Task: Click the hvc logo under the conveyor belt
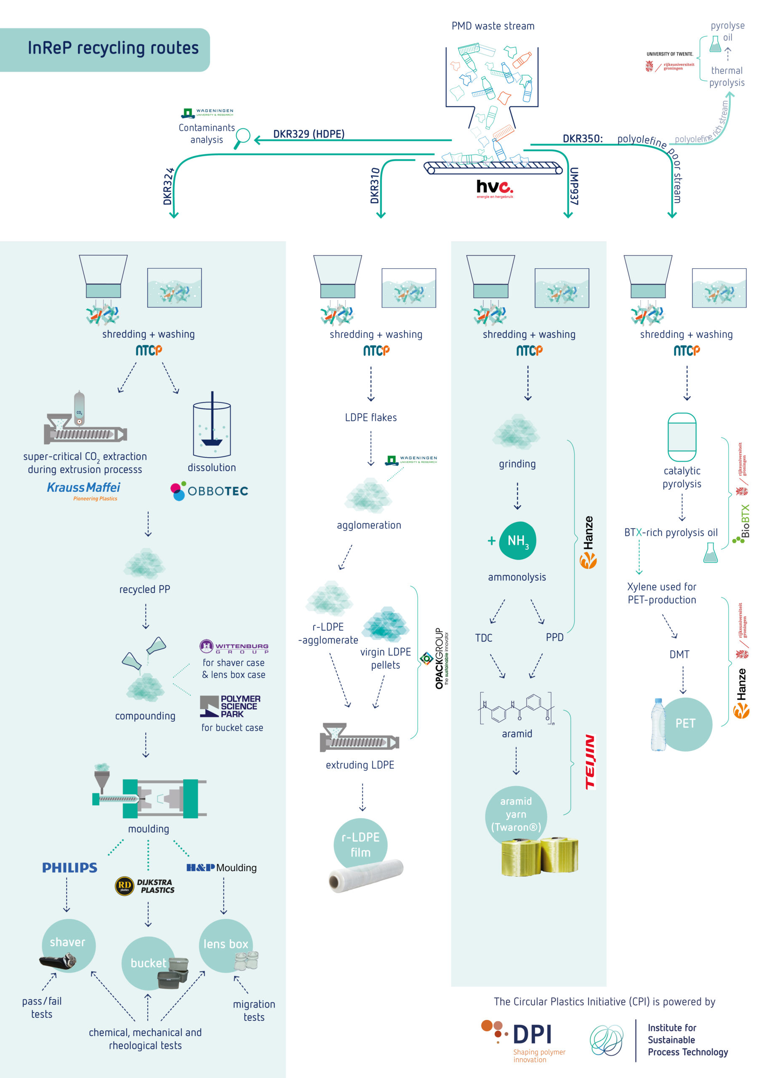[x=495, y=188]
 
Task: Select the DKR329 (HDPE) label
[x=309, y=134]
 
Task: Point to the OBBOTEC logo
[x=209, y=491]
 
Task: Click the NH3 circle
[x=517, y=541]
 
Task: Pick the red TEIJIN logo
[x=590, y=762]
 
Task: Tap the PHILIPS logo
[x=69, y=867]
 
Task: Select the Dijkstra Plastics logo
[x=144, y=886]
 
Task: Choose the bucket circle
[x=148, y=963]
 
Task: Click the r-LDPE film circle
[x=360, y=845]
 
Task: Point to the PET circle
[x=685, y=723]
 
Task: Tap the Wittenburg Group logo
[x=234, y=646]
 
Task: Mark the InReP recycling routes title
[x=113, y=48]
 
